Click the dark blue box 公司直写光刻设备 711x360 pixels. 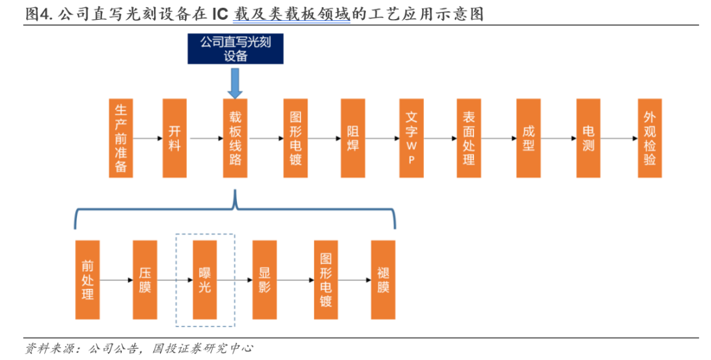point(236,49)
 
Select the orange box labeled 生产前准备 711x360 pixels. point(120,138)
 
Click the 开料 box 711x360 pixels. point(174,138)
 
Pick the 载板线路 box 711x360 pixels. point(235,138)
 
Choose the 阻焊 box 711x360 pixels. point(353,138)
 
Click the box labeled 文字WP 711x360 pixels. point(411,138)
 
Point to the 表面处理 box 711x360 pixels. point(469,138)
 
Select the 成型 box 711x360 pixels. point(528,138)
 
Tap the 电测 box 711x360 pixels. point(588,138)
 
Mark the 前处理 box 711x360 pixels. point(88,280)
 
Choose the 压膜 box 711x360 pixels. point(145,280)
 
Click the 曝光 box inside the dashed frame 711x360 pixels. point(205,280)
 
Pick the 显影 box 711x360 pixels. point(265,280)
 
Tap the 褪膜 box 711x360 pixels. point(383,280)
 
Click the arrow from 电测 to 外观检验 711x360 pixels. point(618,138)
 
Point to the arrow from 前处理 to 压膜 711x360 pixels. point(116,280)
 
